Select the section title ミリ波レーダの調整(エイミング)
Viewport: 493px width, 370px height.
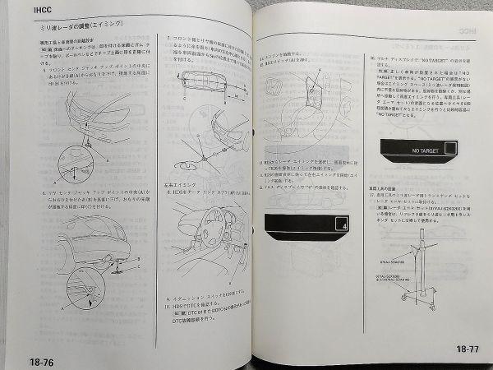71,29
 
